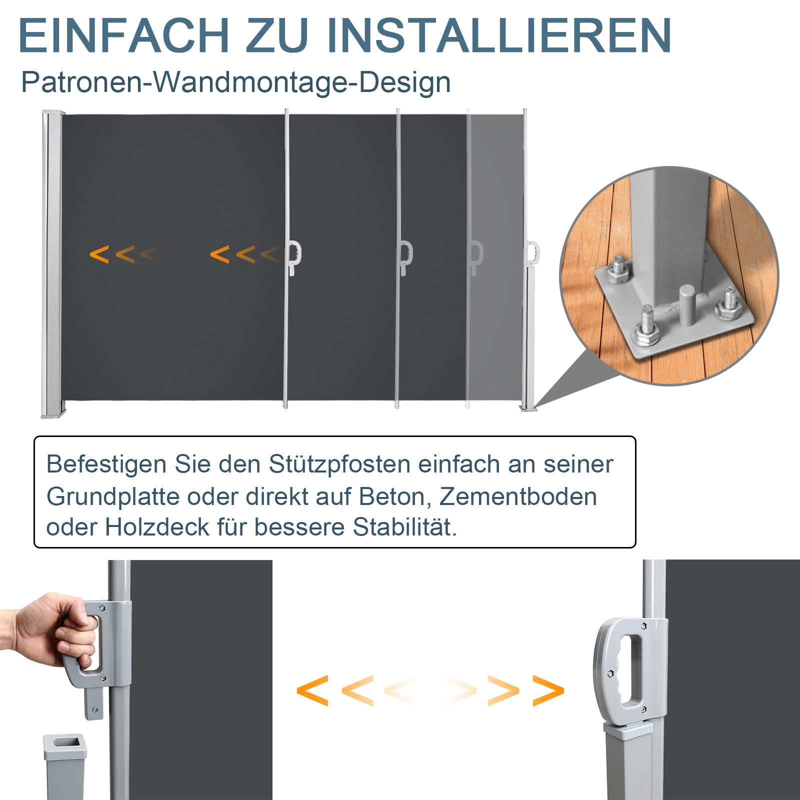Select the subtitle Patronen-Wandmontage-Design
tap(235, 82)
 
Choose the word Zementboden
tap(518, 496)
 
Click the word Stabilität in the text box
tap(404, 527)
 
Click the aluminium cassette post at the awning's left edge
tap(52, 264)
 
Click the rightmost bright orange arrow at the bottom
tap(548, 690)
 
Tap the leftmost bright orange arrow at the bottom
tap(312, 690)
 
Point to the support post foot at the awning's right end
tap(528, 407)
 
